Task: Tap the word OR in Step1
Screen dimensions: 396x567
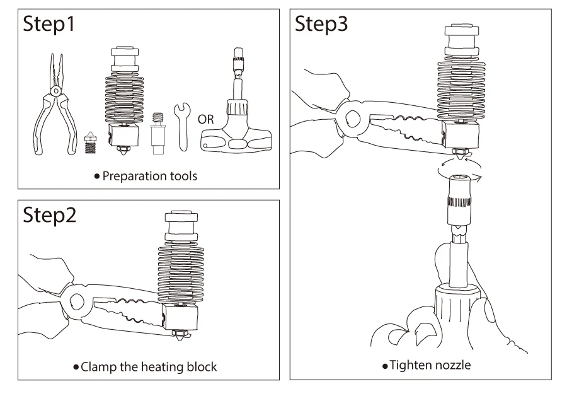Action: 205,119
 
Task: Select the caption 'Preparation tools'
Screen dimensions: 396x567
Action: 149,176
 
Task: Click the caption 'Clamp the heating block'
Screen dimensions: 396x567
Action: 149,366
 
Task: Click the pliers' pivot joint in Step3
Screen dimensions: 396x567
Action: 352,117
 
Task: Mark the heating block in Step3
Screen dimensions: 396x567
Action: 460,133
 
